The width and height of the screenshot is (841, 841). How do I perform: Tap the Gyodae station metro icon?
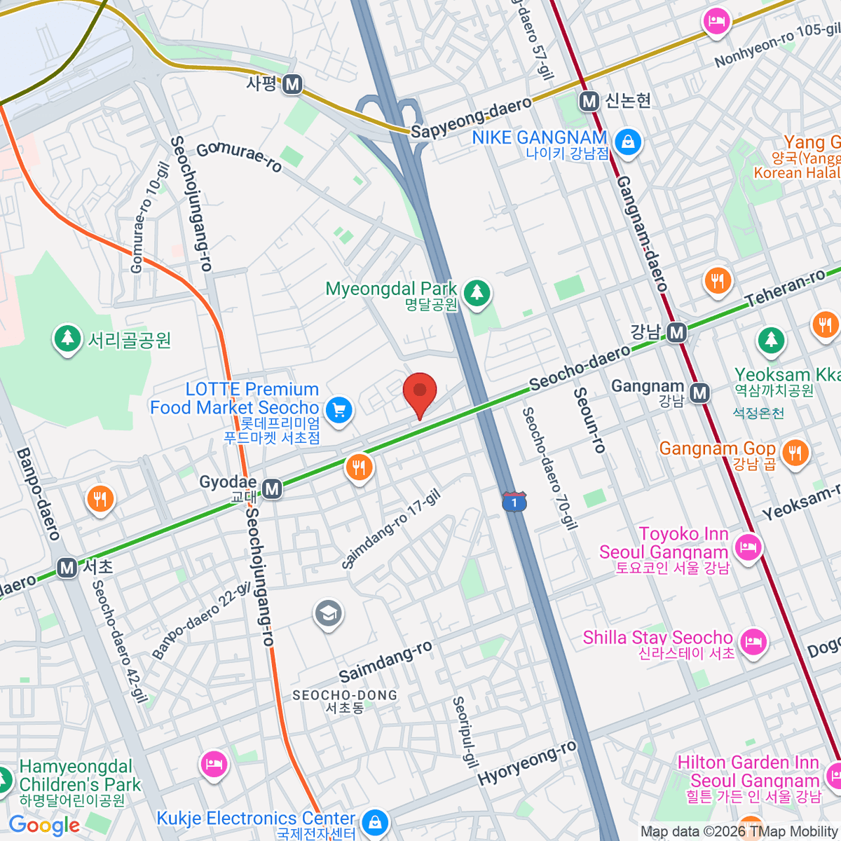[x=272, y=488]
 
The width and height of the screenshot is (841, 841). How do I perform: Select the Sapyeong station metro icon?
[x=292, y=85]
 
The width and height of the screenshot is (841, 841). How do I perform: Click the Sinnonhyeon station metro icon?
[x=589, y=101]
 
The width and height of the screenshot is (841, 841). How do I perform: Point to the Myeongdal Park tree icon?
[x=477, y=292]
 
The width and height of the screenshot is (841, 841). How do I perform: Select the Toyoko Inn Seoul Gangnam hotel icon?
[x=748, y=546]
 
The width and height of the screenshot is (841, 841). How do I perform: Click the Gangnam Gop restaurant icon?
[x=794, y=452]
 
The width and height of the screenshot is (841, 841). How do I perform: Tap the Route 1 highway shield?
[x=514, y=502]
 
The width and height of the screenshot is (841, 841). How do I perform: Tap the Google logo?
[x=43, y=826]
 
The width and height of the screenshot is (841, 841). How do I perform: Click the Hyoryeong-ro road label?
[x=527, y=763]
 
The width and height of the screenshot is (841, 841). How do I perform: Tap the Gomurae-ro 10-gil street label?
[x=149, y=217]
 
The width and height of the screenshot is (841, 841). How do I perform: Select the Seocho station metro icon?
[x=67, y=567]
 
